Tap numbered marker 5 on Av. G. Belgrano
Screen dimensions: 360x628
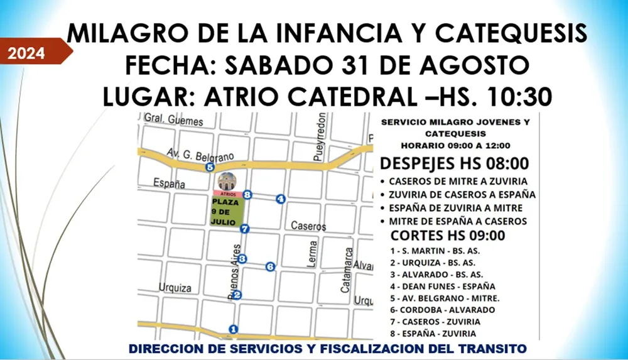click(209, 167)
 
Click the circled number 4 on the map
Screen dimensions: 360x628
click(281, 199)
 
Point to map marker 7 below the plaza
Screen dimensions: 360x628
click(244, 229)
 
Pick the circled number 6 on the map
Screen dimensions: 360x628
click(271, 266)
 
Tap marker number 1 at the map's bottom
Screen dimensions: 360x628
click(234, 328)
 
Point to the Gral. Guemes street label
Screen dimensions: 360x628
click(173, 120)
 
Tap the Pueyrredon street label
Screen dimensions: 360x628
click(321, 136)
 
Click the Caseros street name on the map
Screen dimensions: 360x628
click(308, 226)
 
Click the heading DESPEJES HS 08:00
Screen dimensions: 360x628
click(453, 164)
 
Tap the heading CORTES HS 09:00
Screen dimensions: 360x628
click(448, 236)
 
